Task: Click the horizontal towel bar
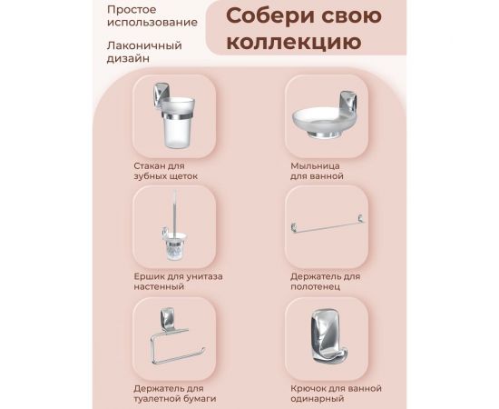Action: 325,226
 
